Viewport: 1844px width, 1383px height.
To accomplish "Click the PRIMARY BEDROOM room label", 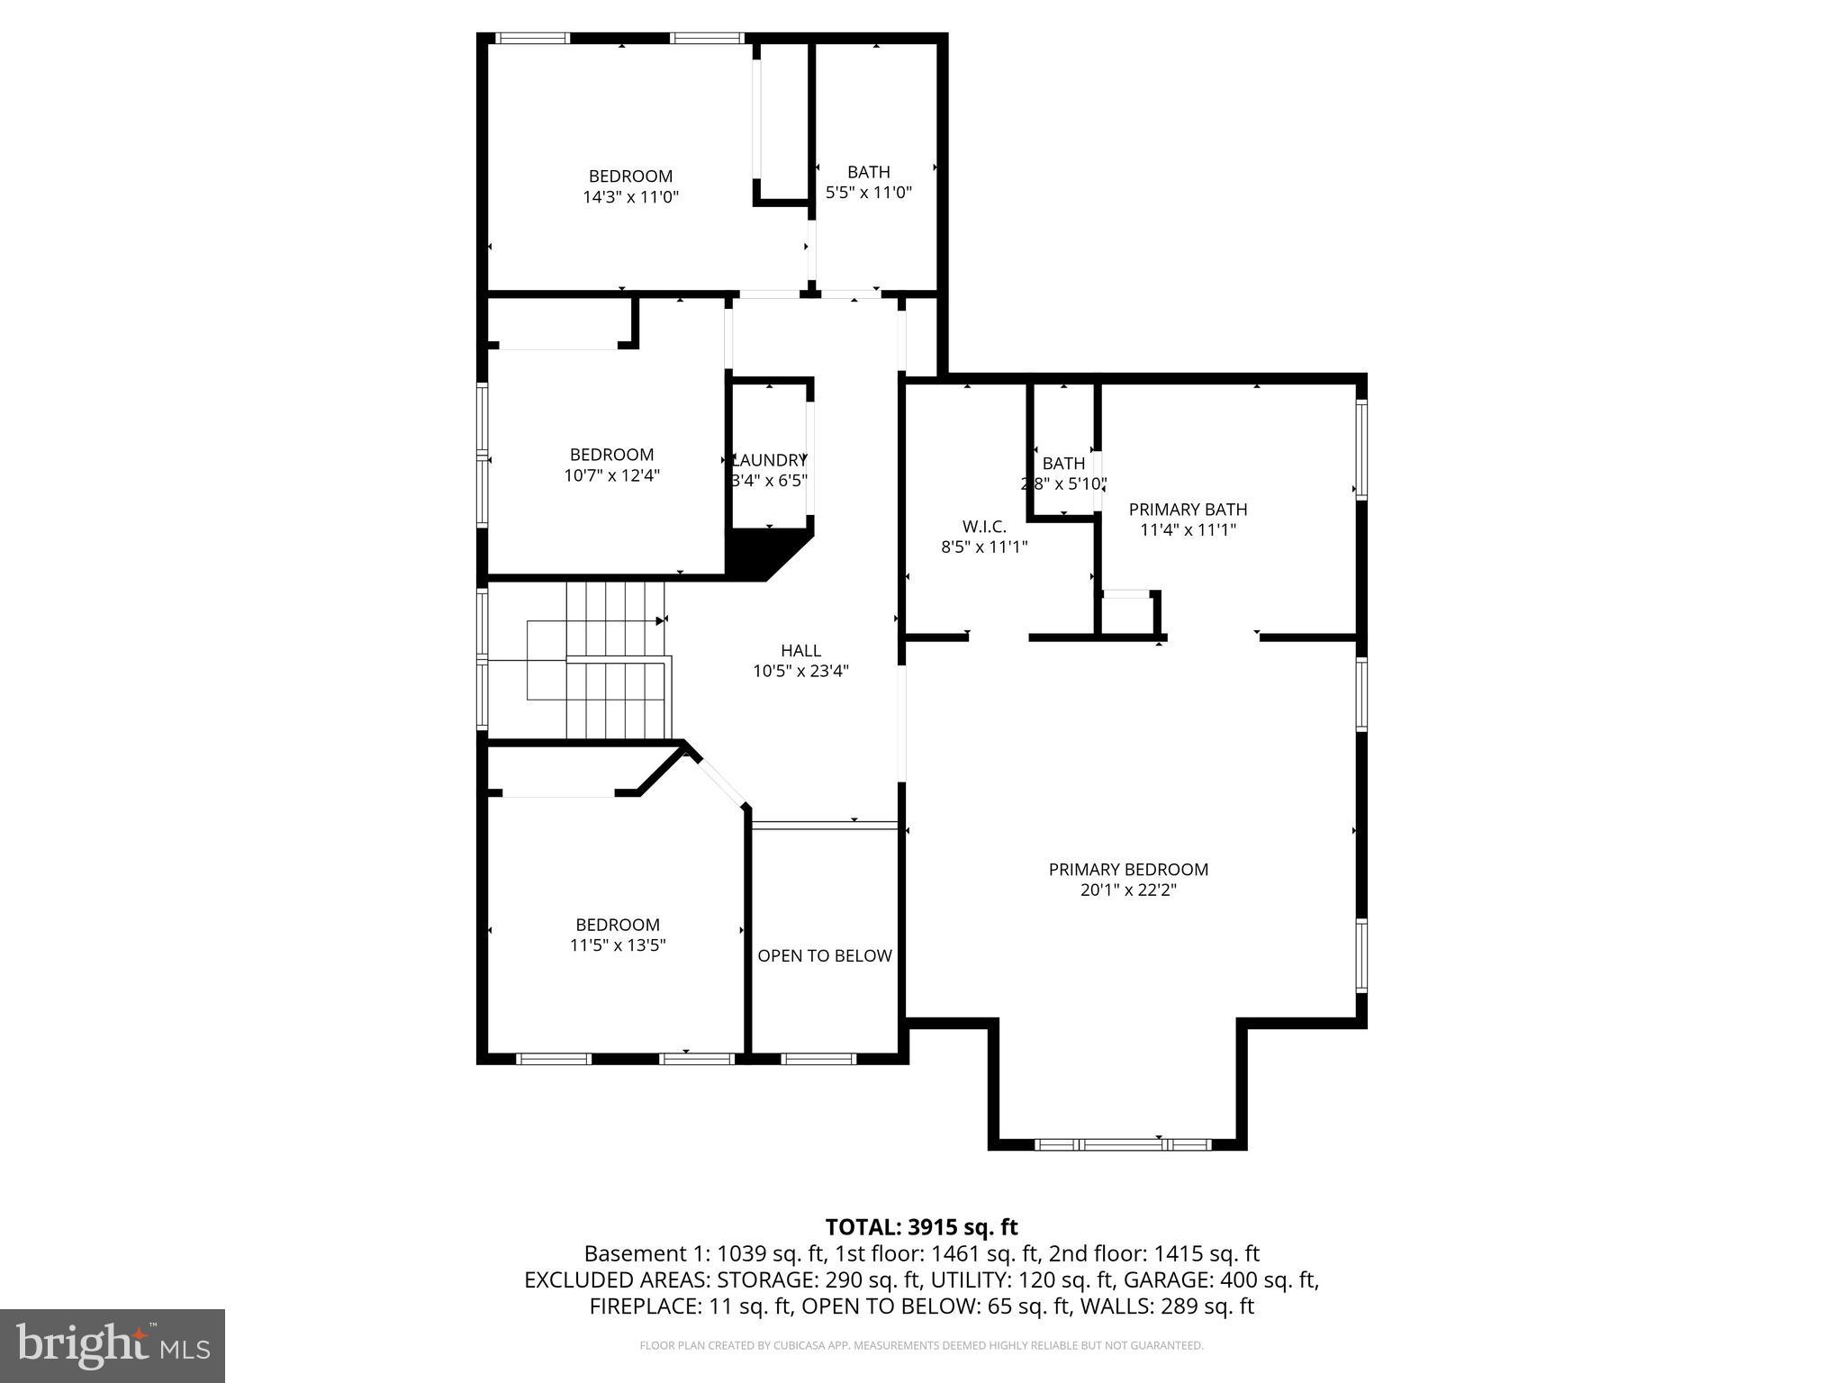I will tap(1127, 869).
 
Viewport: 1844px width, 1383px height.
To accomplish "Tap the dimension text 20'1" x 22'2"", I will tap(1127, 890).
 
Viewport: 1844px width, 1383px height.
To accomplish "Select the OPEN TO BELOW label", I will tap(824, 955).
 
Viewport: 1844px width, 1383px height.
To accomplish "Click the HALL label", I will tap(800, 650).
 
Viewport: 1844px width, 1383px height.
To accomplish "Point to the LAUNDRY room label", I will tap(770, 459).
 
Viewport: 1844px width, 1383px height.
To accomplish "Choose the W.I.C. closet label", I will tap(984, 526).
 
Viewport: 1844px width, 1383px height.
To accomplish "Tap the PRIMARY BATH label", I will tap(1188, 510).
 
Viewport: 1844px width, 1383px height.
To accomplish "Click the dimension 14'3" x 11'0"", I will tap(630, 197).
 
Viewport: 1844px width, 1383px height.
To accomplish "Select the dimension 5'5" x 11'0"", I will tap(869, 192).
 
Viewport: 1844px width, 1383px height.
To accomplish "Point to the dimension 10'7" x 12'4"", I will tap(612, 475).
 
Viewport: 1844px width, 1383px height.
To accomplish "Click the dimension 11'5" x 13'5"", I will tap(618, 945).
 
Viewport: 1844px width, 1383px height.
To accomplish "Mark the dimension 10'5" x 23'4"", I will tap(800, 671).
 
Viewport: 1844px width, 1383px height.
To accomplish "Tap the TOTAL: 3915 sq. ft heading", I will tap(921, 1227).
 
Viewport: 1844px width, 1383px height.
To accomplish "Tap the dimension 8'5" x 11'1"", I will tap(984, 547).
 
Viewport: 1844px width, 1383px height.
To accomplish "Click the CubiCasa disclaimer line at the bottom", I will tap(921, 1345).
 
